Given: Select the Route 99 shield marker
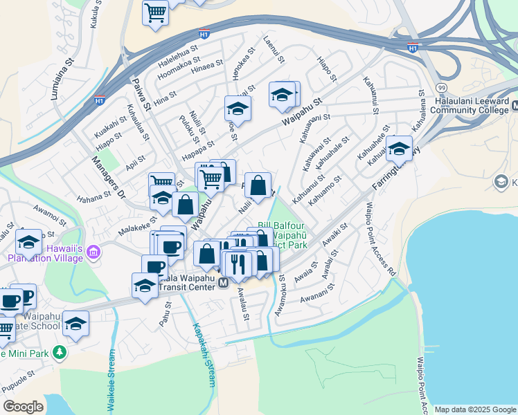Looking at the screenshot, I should [x=441, y=88].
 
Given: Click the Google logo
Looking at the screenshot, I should [x=23, y=407].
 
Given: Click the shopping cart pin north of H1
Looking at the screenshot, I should [x=157, y=12].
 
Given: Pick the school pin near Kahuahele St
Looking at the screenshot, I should [x=398, y=148].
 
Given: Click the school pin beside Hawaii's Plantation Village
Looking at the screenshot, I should [x=28, y=242].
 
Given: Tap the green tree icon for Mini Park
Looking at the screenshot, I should [x=60, y=352].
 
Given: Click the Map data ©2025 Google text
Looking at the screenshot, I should [x=476, y=409].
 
